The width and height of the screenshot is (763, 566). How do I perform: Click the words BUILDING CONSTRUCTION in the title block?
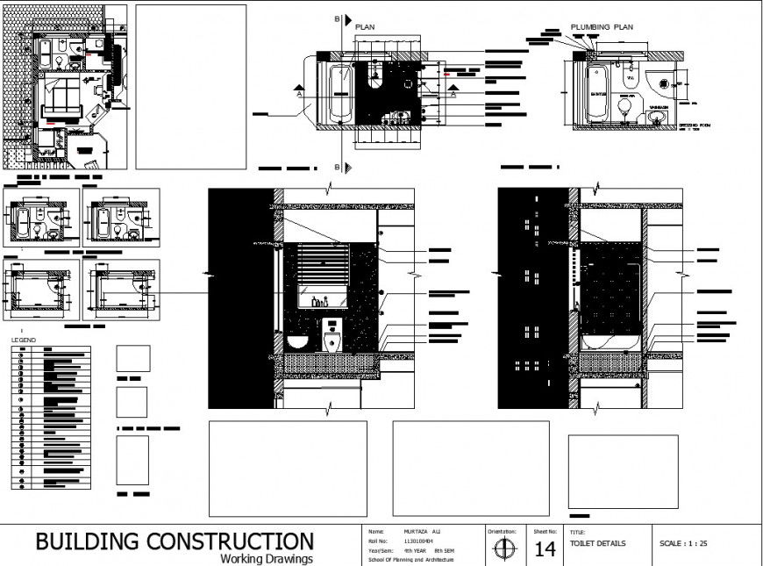pyautogui.click(x=174, y=541)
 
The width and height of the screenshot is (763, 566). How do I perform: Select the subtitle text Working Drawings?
pyautogui.click(x=267, y=558)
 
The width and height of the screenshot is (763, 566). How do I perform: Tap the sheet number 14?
pyautogui.click(x=545, y=550)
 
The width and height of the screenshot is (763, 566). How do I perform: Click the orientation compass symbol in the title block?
pyautogui.click(x=504, y=548)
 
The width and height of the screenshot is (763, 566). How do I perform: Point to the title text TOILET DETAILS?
pyautogui.click(x=598, y=543)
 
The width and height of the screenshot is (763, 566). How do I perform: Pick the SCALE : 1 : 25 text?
pyautogui.click(x=683, y=543)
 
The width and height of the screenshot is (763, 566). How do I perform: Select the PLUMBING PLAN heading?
pyautogui.click(x=602, y=27)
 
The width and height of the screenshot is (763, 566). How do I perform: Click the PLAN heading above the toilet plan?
pyautogui.click(x=365, y=27)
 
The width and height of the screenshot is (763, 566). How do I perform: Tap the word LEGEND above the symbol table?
pyautogui.click(x=23, y=339)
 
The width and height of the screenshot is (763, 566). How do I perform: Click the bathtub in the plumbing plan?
pyautogui.click(x=598, y=94)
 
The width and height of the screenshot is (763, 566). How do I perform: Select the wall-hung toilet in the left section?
pyautogui.click(x=332, y=335)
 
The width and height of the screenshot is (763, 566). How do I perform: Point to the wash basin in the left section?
pyautogui.click(x=297, y=340)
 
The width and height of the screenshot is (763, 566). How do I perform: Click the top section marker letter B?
pyautogui.click(x=338, y=19)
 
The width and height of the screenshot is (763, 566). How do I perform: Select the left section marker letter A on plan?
pyautogui.click(x=299, y=92)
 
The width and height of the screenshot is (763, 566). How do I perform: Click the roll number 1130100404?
pyautogui.click(x=418, y=541)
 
